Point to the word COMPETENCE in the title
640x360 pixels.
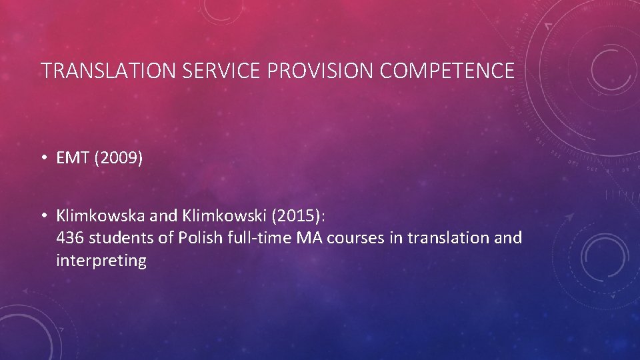point(447,71)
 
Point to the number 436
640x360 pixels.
point(70,238)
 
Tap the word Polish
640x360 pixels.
point(197,238)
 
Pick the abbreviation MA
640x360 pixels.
point(305,238)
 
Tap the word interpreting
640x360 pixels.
point(101,261)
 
